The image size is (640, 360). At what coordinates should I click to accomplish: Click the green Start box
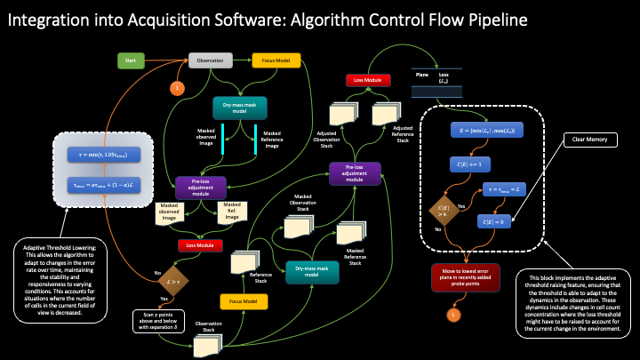coord(131,60)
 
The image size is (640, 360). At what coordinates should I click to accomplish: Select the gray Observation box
coord(211,60)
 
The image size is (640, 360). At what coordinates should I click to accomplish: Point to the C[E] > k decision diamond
coord(443,213)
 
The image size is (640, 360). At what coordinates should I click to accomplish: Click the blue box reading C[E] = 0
coord(500,220)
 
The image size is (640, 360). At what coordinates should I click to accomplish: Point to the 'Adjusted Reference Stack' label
coord(408,133)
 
